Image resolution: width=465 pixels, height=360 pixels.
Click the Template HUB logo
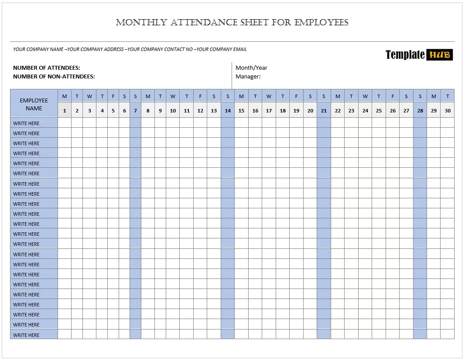point(419,54)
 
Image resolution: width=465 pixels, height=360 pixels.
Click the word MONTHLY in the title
point(141,22)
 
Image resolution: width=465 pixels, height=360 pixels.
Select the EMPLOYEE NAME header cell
point(34,104)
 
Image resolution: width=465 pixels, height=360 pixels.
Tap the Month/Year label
point(251,68)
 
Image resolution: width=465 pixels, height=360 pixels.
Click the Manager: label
point(248,76)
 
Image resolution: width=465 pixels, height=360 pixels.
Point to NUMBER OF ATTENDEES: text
point(47,68)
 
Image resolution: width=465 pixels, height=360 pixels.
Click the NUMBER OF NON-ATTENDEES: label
point(54,76)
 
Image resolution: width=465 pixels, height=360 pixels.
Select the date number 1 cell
point(65,111)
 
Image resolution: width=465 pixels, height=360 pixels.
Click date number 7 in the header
point(135,111)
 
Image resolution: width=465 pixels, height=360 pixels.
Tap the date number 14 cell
point(228,111)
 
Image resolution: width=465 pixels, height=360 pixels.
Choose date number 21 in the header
point(324,111)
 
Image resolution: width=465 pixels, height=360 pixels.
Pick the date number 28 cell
point(420,111)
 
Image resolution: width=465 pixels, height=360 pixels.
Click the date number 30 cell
point(448,111)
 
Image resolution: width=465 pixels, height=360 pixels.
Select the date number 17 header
point(269,111)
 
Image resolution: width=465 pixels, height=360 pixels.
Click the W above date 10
point(173,96)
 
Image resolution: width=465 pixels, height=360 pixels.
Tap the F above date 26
point(393,96)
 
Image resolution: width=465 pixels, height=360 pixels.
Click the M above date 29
point(434,96)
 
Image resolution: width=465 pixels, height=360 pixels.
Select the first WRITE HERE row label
point(26,123)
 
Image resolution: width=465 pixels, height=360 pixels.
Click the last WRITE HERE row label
point(26,335)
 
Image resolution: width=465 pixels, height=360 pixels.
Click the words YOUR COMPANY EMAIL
point(222,49)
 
